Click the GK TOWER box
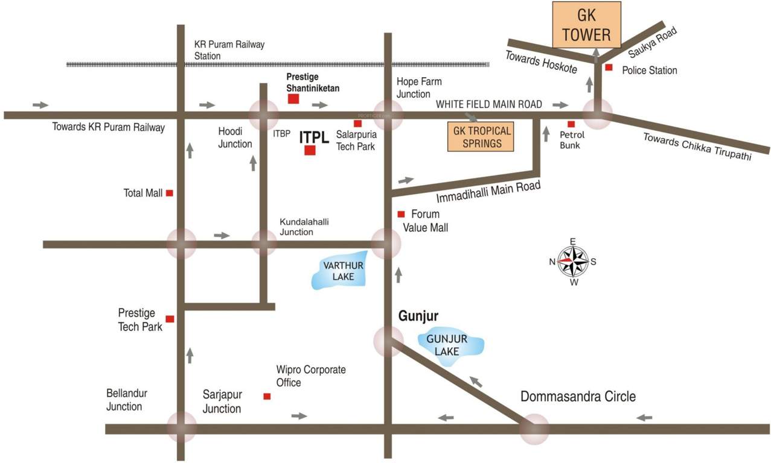(586, 25)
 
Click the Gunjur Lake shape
(451, 346)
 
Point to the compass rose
(572, 262)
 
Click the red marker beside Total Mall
(170, 193)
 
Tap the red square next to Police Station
(609, 68)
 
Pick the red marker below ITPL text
(310, 151)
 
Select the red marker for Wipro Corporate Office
(267, 396)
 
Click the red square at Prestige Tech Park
(170, 319)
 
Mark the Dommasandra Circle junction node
(534, 429)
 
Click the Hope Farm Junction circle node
(388, 115)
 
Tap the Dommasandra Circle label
(578, 397)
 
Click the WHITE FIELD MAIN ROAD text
(489, 104)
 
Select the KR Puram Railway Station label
(229, 50)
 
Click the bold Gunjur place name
(418, 316)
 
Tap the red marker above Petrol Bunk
(571, 124)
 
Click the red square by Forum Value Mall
(401, 214)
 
